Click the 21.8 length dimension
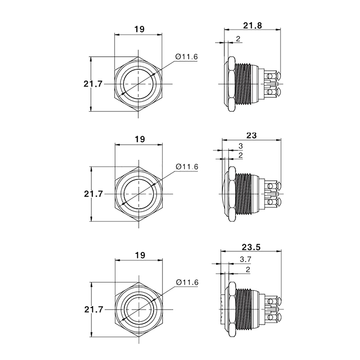[x=252, y=25]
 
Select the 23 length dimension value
[x=251, y=135]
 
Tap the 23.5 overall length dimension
[x=251, y=247]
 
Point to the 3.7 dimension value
[x=245, y=260]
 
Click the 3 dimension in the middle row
[x=241, y=146]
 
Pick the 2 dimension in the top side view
[x=238, y=39]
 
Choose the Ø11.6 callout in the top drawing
[x=186, y=57]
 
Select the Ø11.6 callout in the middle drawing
[x=187, y=166]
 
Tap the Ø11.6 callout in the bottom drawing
[x=187, y=282]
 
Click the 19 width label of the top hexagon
[x=139, y=29]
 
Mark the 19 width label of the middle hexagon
[x=140, y=139]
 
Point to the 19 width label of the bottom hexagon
[x=140, y=255]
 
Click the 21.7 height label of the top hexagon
[x=93, y=84]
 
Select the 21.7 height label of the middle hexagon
[x=93, y=194]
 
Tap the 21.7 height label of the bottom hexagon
[x=94, y=310]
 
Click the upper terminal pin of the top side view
[x=273, y=76]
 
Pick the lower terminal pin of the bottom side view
[x=274, y=318]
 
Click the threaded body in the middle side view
[x=244, y=194]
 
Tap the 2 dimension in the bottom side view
[x=247, y=270]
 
